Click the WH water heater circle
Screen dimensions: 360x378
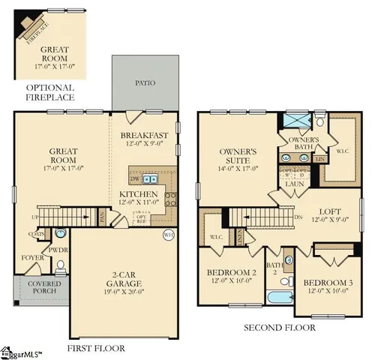tap(168, 235)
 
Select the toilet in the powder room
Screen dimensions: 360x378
tap(60, 264)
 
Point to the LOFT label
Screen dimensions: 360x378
tap(328, 211)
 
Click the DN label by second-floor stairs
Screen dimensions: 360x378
tap(297, 217)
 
